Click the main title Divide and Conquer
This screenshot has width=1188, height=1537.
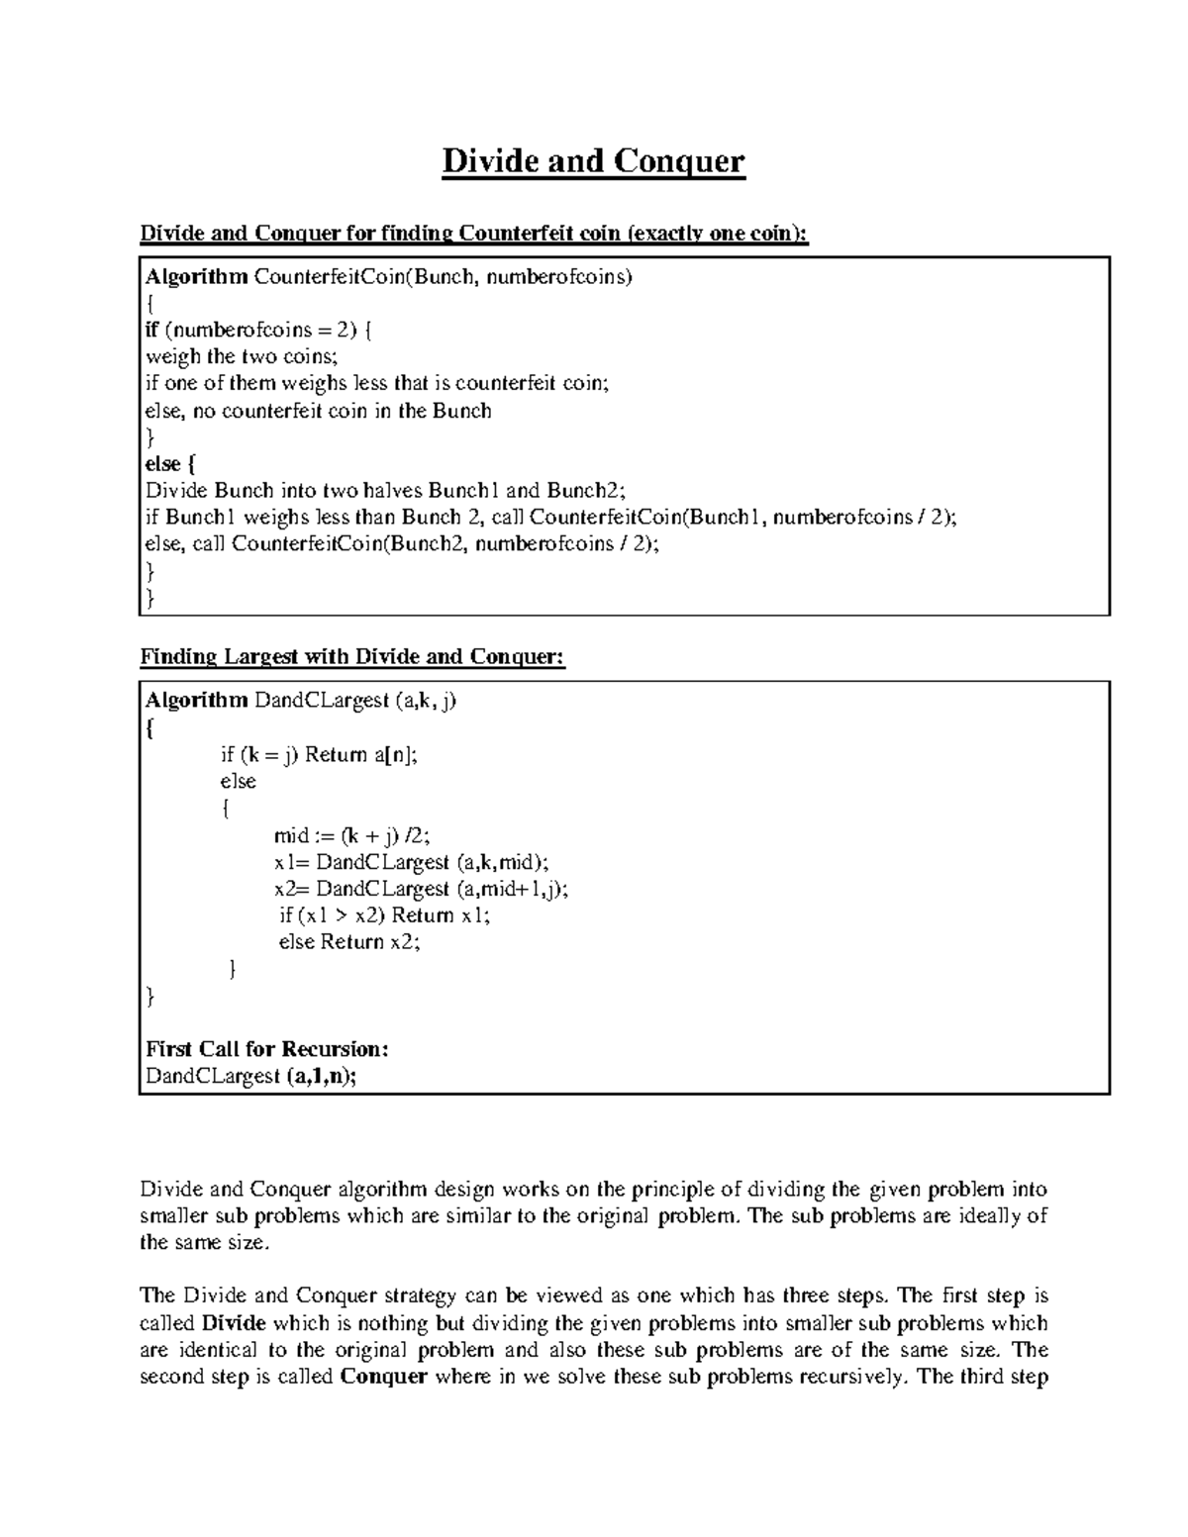click(593, 160)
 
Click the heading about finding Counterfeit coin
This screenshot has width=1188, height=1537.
click(474, 234)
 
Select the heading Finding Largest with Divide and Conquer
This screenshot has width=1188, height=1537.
click(352, 657)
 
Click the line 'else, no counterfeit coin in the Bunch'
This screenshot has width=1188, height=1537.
click(318, 411)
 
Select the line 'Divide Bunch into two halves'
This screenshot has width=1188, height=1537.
click(386, 490)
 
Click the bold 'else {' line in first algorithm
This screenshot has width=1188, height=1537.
click(170, 464)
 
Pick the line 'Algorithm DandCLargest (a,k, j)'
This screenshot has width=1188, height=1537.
click(301, 701)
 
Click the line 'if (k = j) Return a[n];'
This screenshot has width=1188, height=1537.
click(319, 755)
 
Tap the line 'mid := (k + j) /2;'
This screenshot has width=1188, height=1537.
click(351, 835)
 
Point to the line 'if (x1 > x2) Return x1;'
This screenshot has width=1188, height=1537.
click(384, 915)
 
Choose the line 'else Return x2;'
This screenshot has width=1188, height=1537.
click(349, 942)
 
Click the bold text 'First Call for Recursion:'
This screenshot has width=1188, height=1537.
click(266, 1049)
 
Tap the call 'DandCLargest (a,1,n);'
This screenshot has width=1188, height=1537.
click(250, 1076)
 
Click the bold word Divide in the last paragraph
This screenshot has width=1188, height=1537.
click(234, 1323)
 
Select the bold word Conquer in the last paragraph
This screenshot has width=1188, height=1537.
click(383, 1377)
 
